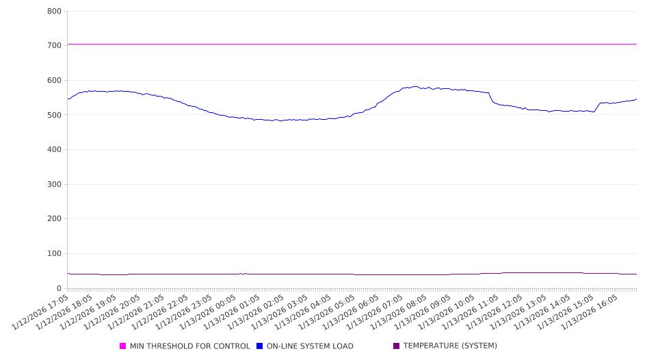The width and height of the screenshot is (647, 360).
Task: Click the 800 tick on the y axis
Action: [54, 11]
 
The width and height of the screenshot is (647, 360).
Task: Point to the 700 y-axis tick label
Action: [54, 45]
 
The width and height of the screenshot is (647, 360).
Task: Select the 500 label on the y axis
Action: [54, 115]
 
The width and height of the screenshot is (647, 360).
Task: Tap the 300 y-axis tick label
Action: [54, 184]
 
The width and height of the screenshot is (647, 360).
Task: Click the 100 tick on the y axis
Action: [54, 253]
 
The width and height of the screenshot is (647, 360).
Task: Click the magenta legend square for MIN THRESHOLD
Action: [123, 346]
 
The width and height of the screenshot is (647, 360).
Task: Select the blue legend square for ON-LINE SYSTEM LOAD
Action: [260, 346]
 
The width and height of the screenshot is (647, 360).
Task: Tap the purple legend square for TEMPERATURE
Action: [397, 346]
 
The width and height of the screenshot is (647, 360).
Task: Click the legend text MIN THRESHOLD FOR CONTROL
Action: [190, 346]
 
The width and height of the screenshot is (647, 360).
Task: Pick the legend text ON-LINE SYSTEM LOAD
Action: [310, 346]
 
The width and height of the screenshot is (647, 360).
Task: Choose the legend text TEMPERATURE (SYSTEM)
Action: [450, 346]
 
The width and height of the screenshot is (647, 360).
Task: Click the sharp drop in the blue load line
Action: [491, 98]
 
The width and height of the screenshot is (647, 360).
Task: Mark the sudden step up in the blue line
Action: [597, 107]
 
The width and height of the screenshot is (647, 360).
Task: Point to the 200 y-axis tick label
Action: [54, 219]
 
